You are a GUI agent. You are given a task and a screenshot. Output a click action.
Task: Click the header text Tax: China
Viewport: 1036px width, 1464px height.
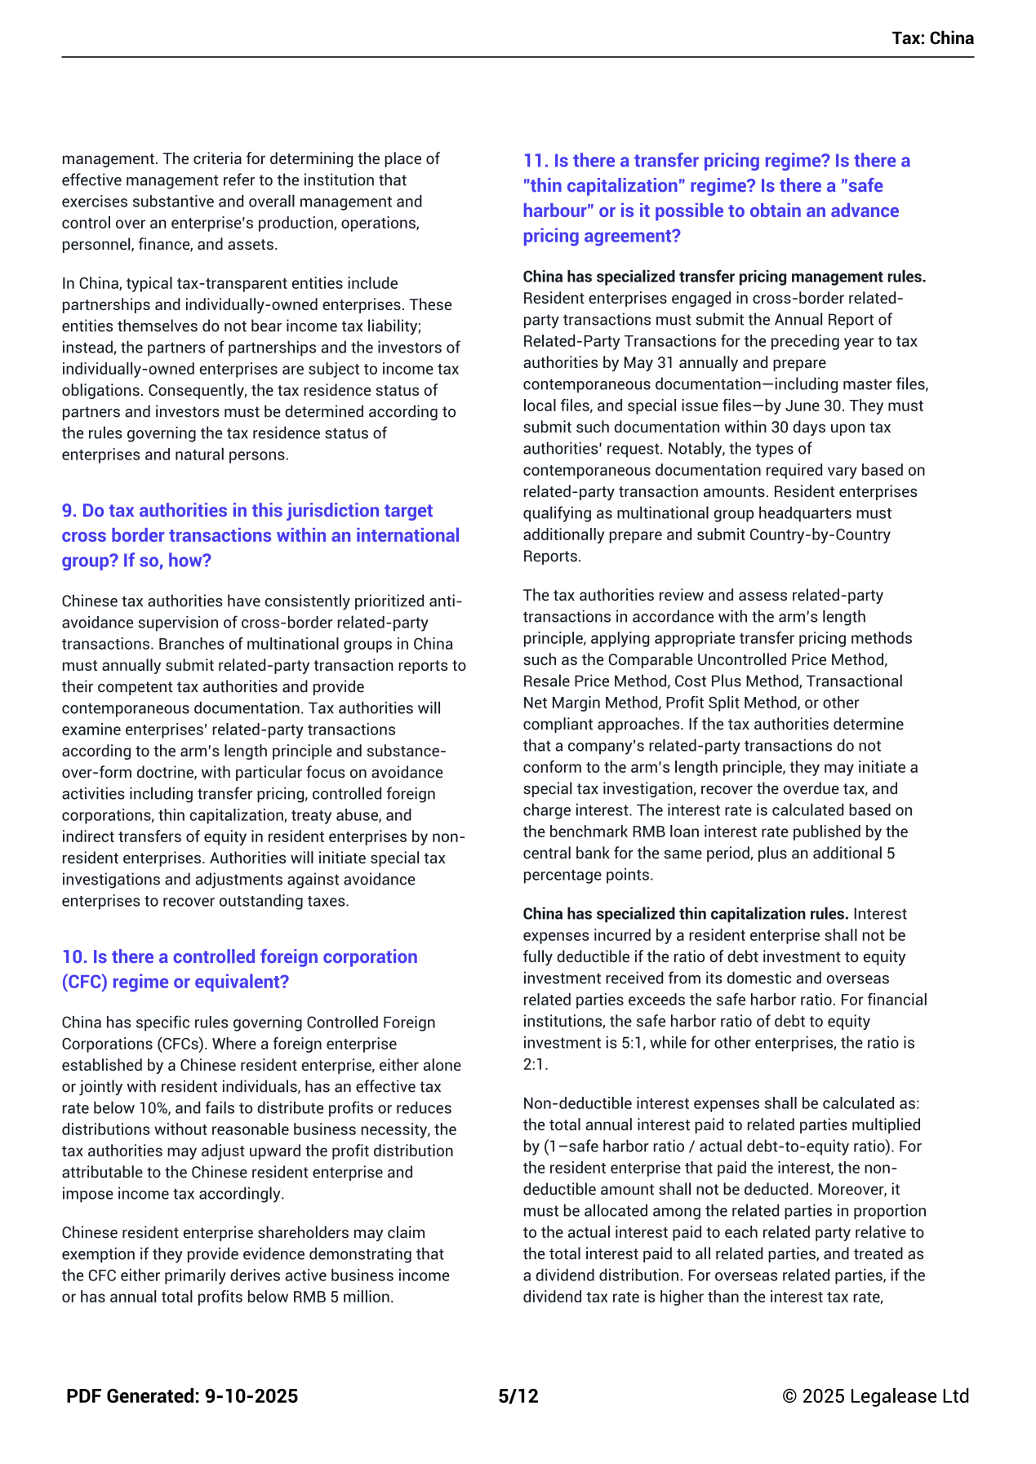[x=932, y=38]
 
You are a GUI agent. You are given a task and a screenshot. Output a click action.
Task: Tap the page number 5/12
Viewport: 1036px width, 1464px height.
[x=518, y=1396]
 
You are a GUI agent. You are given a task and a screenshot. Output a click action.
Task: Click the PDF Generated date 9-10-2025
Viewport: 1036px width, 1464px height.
[x=251, y=1396]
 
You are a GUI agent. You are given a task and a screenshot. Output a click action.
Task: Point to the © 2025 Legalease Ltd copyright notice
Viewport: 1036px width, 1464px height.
[x=875, y=1396]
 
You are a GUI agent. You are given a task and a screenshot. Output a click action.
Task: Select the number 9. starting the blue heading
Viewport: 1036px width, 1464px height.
[x=69, y=511]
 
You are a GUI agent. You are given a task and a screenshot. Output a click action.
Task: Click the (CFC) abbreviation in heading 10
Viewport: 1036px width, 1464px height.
[x=85, y=983]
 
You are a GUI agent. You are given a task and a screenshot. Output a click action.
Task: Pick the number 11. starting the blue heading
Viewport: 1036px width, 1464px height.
[x=536, y=161]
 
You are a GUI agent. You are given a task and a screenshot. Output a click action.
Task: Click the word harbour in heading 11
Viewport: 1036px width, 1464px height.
[x=558, y=211]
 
